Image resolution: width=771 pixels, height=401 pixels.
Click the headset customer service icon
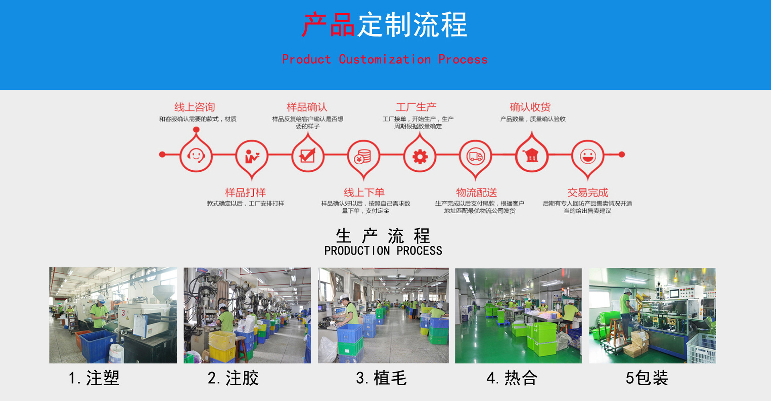[x=196, y=155]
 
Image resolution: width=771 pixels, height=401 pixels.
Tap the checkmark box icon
[x=308, y=155]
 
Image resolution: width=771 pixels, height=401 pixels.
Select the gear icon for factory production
[x=420, y=156]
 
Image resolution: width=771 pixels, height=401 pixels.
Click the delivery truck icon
[x=475, y=156]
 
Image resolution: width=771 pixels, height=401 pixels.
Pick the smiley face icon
[x=587, y=156]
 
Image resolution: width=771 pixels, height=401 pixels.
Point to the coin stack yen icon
[x=363, y=156]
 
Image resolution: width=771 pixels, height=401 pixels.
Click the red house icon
[x=532, y=155]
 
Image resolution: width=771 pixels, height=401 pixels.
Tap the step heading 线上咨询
[x=195, y=107]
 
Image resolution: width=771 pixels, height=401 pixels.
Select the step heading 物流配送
[x=476, y=192]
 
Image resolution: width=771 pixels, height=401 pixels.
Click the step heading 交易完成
[x=587, y=192]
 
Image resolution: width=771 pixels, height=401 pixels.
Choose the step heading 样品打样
[x=245, y=192]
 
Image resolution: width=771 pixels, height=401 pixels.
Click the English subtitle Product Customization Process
[x=385, y=60]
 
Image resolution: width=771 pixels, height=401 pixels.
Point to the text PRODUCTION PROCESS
[x=383, y=251]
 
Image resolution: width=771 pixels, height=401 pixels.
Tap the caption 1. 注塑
[x=94, y=378]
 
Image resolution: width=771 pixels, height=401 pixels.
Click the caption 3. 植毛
[x=381, y=378]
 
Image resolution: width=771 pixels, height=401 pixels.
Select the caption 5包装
[x=647, y=378]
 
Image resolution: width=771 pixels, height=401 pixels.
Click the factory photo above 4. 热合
[x=518, y=315]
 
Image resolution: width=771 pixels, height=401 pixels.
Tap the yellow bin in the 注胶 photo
[x=222, y=346]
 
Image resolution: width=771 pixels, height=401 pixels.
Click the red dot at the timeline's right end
[x=622, y=154]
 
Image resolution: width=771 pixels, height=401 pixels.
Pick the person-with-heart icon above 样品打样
[x=252, y=156]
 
